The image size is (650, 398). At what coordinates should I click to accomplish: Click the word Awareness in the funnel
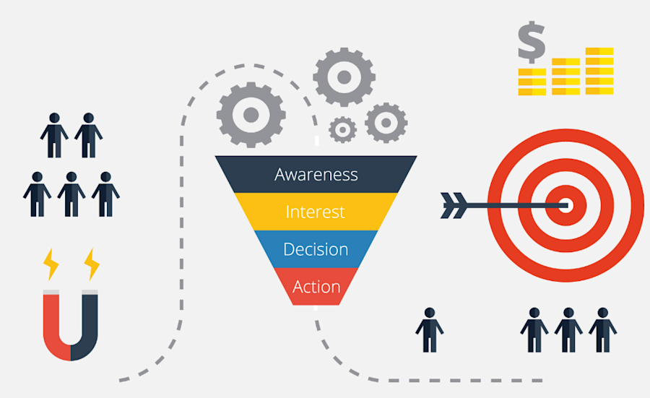click(x=316, y=174)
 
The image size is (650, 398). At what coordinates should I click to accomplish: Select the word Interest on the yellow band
click(x=315, y=212)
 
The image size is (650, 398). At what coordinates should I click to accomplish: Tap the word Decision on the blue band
click(x=316, y=249)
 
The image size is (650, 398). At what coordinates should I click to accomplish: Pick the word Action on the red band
click(x=316, y=287)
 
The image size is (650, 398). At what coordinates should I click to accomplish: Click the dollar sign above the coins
click(x=532, y=42)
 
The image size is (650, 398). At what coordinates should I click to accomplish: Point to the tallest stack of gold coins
click(x=599, y=71)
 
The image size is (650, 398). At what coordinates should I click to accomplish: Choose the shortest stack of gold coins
click(x=532, y=82)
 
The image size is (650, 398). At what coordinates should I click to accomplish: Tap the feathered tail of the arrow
click(x=453, y=205)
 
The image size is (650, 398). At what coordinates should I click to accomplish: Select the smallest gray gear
click(x=342, y=130)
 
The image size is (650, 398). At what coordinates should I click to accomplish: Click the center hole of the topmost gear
click(x=344, y=76)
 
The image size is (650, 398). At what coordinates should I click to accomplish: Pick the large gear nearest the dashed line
click(x=251, y=114)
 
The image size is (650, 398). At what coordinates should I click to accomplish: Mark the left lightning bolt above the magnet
click(x=51, y=264)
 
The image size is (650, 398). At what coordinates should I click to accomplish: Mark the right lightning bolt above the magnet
click(x=92, y=264)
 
